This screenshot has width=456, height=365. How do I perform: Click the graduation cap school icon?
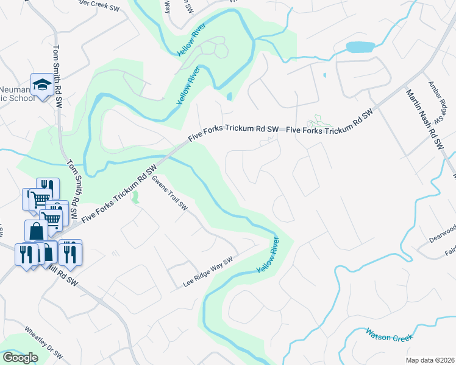coord(43,86)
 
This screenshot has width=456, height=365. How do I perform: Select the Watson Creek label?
coord(388,334)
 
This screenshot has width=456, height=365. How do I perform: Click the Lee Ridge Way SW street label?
coord(208,272)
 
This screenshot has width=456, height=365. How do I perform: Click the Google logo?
coord(20,358)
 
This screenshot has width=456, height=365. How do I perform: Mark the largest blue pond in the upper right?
coord(360,47)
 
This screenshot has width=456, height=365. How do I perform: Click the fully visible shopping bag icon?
coord(36,231)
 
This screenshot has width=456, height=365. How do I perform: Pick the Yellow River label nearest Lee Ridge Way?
coord(267,254)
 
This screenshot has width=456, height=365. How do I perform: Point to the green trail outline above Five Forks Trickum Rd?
coord(319,122)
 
